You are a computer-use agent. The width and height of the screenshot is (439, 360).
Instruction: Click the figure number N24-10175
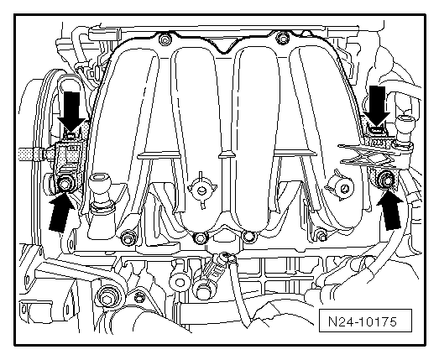click(363, 321)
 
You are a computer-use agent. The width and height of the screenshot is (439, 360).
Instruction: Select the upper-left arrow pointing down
click(72, 112)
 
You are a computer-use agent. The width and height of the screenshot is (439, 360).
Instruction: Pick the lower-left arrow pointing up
click(61, 212)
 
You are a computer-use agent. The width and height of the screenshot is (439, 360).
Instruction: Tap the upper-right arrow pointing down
click(377, 105)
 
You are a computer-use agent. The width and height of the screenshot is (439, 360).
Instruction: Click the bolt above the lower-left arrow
click(65, 185)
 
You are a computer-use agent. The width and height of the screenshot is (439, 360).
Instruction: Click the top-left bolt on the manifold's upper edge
click(165, 39)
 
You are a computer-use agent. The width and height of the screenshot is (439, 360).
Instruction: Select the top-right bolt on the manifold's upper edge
click(282, 38)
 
